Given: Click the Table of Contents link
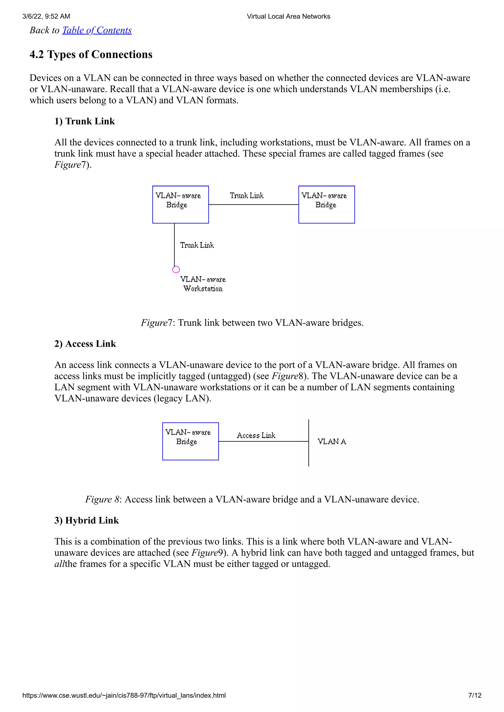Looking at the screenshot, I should click(x=97, y=30).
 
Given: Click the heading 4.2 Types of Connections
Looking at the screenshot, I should click(x=91, y=55).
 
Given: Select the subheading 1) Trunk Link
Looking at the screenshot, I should click(x=84, y=121).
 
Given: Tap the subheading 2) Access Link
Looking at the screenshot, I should click(x=85, y=344).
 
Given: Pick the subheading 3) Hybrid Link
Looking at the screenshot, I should click(x=87, y=520).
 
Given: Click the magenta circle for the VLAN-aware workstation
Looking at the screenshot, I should click(x=176, y=269).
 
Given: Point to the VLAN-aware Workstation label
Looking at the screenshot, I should click(x=203, y=284).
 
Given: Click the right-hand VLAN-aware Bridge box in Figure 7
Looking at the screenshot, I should click(x=326, y=205).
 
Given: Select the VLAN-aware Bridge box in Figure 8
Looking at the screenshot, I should click(x=190, y=441).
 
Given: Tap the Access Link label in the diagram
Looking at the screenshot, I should click(x=256, y=435).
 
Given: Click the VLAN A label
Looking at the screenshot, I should click(x=332, y=441).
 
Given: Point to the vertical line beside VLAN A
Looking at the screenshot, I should click(x=309, y=456).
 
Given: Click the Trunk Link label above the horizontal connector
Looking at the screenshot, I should click(x=247, y=196).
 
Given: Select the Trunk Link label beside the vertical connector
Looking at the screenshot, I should click(x=197, y=245).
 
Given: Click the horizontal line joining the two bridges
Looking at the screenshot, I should click(x=253, y=205).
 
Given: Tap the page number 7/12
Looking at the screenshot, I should click(x=474, y=695).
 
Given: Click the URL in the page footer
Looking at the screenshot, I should click(x=124, y=695).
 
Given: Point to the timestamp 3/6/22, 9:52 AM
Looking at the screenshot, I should click(x=46, y=16).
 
